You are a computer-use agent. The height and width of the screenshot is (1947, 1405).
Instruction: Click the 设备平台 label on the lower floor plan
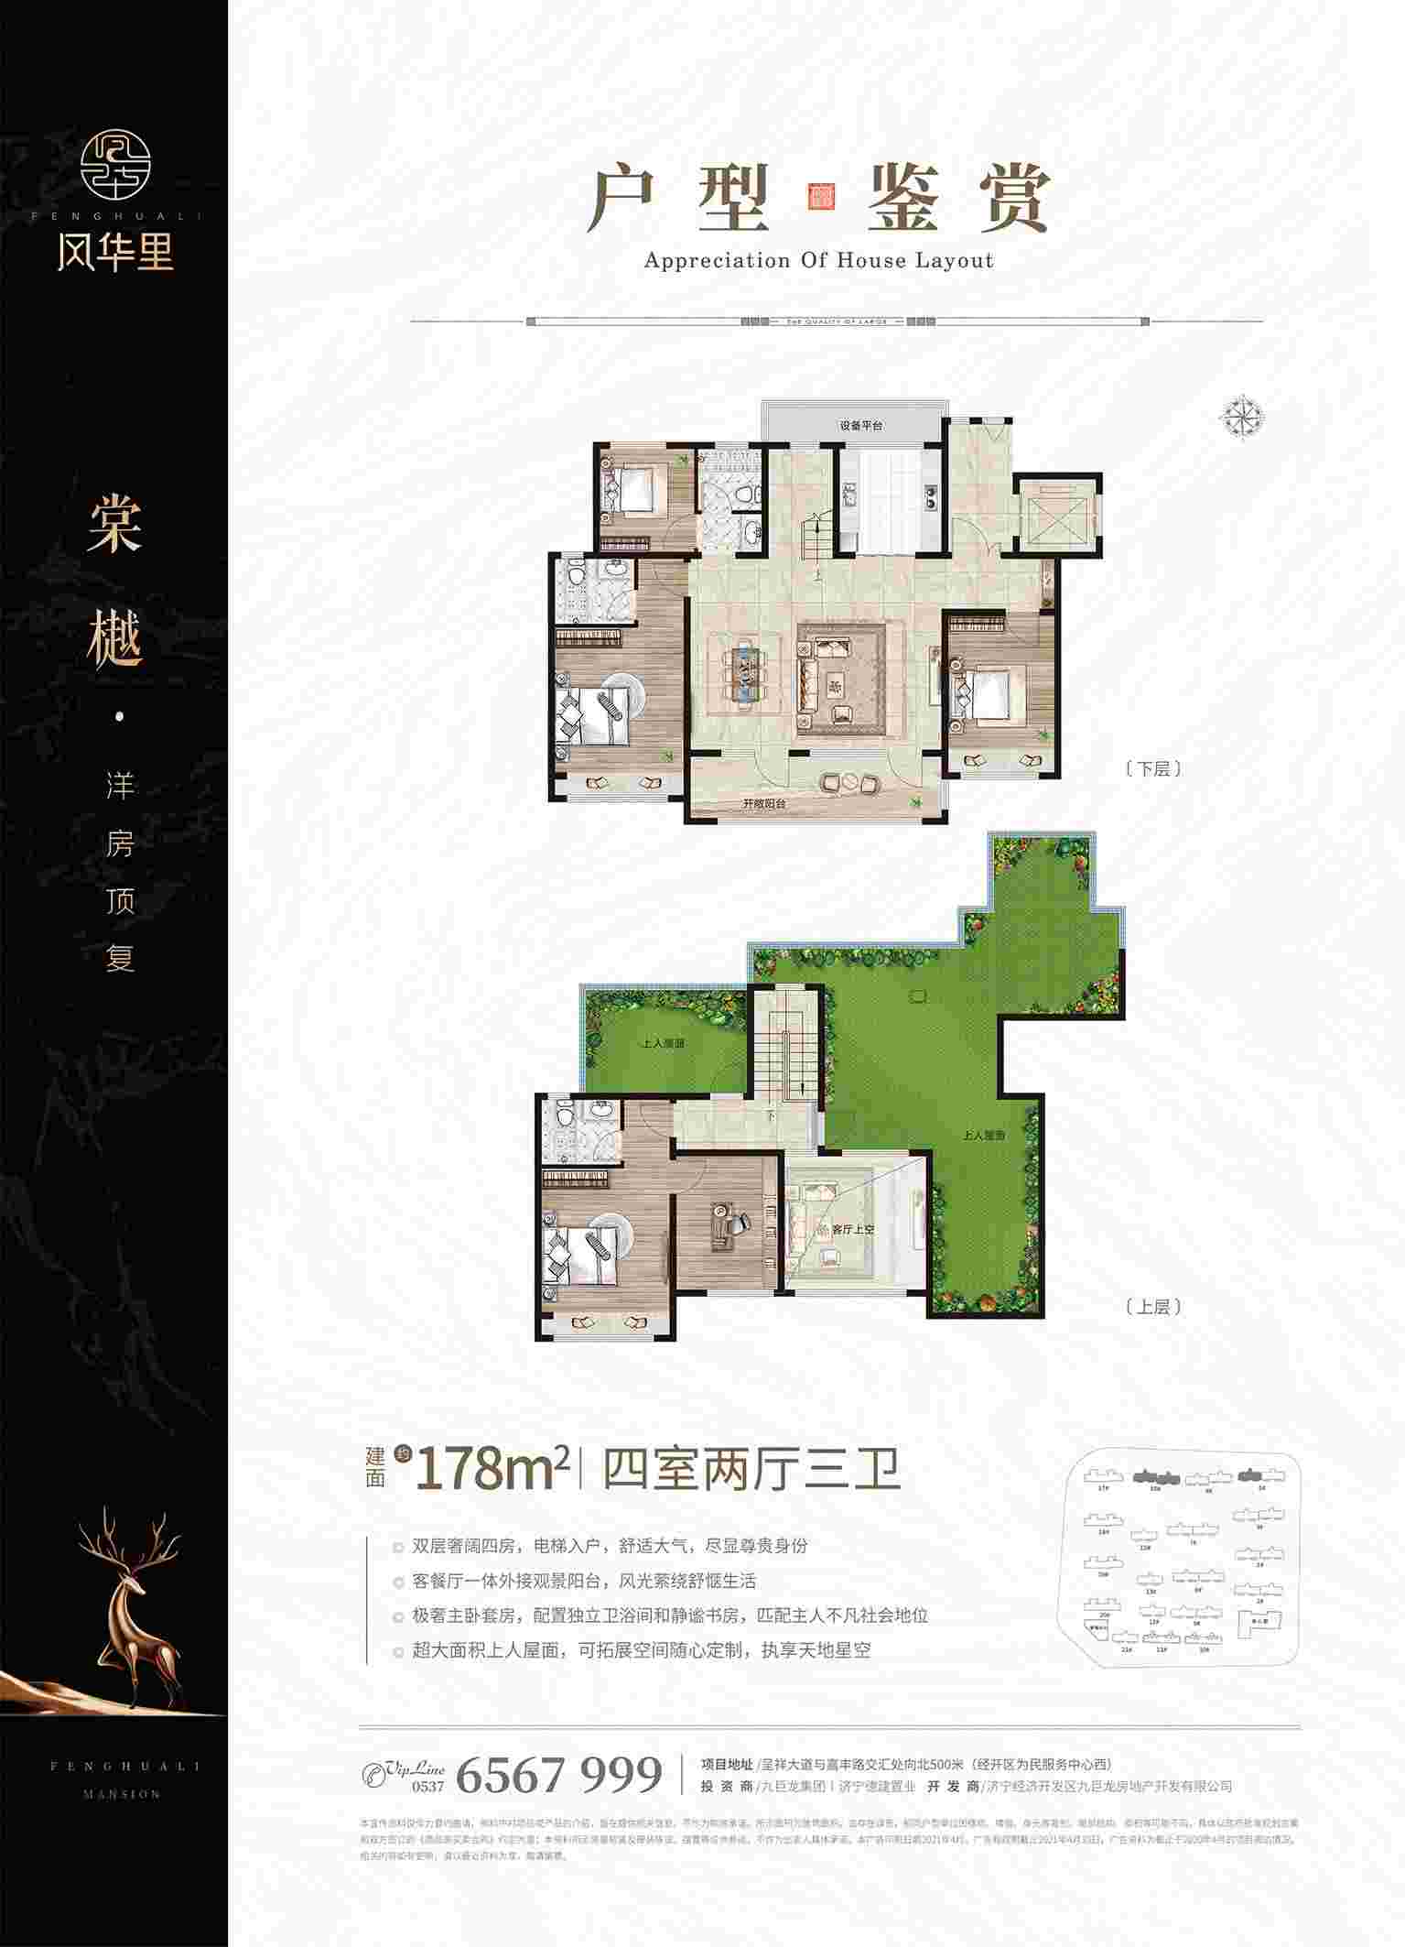click(861, 426)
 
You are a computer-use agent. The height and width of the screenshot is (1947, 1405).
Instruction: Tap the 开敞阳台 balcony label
click(764, 803)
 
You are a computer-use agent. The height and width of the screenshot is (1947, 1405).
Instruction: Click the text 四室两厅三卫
click(751, 1471)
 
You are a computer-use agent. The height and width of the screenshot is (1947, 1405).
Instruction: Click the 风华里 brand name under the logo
click(114, 251)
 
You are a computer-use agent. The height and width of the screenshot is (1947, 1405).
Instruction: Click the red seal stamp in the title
click(818, 197)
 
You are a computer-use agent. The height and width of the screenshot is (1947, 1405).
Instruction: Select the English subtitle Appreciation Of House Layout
click(818, 260)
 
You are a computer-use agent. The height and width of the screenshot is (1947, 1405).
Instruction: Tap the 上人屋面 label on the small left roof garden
click(664, 1042)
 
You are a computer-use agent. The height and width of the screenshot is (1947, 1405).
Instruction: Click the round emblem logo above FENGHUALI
click(114, 164)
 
